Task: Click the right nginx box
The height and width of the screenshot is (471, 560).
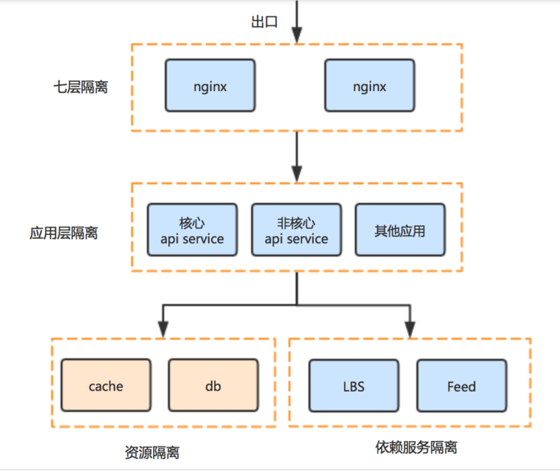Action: coord(370,87)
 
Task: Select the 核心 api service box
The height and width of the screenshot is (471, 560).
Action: coord(192,230)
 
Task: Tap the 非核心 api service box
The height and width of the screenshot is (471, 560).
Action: coord(296,230)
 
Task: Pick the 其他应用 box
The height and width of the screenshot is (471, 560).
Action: coord(399,230)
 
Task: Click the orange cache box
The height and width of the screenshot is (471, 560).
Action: coord(106,386)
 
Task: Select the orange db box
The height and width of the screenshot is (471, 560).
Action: coord(213,386)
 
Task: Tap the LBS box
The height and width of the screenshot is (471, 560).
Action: coord(353,386)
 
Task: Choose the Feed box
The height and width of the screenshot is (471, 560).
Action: coord(461,386)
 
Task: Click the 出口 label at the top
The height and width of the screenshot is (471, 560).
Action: coord(263,22)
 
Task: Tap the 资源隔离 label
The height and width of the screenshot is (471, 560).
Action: coord(152,452)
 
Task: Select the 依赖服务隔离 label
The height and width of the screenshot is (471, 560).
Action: coord(416,446)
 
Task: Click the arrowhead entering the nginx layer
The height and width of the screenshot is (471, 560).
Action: coord(297,34)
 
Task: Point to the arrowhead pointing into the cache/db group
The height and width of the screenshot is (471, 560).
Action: coord(162,328)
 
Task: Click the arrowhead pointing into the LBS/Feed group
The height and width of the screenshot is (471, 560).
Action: coord(410,328)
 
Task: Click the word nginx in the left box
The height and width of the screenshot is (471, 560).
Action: coord(210,87)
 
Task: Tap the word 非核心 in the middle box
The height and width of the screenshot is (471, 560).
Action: coord(296,223)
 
